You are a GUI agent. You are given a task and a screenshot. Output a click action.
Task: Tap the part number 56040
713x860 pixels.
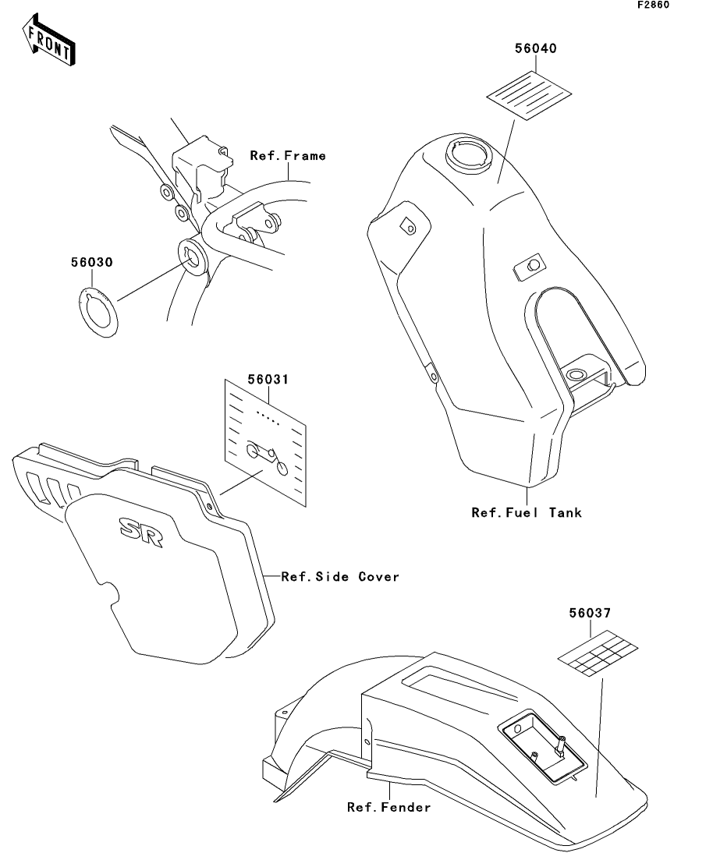pyautogui.click(x=534, y=48)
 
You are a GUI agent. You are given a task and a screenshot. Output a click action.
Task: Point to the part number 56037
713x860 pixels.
pyautogui.click(x=590, y=614)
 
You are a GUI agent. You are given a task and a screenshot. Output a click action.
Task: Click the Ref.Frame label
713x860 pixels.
pyautogui.click(x=288, y=156)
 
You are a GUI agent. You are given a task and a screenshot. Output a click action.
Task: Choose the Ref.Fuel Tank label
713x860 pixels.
pyautogui.click(x=527, y=513)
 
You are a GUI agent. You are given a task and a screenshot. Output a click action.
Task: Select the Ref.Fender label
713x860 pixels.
pyautogui.click(x=388, y=808)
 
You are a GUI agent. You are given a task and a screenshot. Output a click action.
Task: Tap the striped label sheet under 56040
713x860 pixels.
pyautogui.click(x=524, y=95)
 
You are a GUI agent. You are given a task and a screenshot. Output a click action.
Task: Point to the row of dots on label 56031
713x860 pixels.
pyautogui.click(x=268, y=418)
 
